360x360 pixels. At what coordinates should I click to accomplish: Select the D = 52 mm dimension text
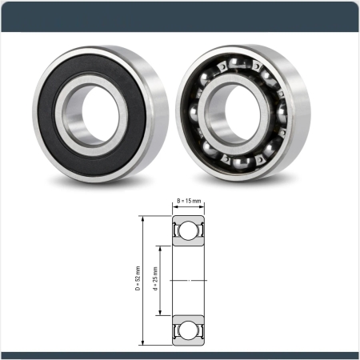[138, 279]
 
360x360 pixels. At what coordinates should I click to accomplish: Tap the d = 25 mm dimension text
[155, 279]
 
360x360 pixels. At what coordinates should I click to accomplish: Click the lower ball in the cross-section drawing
[188, 329]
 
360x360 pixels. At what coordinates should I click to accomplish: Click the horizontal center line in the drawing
[188, 280]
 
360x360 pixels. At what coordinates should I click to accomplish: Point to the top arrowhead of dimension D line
[143, 218]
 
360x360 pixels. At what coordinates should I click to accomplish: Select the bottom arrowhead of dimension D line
[143, 342]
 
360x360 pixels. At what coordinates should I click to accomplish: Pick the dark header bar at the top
[180, 10]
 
